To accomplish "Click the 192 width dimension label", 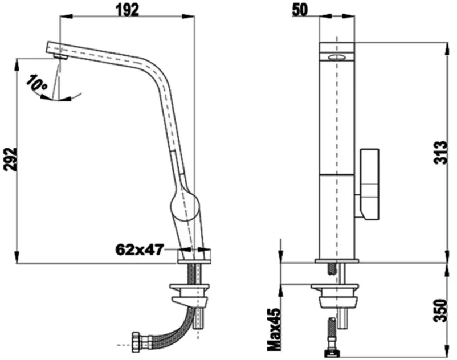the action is tap(128, 10).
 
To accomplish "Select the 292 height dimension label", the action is tap(10, 159).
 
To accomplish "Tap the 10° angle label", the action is tap(36, 83).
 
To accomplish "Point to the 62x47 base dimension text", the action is tap(138, 249).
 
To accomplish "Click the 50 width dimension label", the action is tap(300, 10).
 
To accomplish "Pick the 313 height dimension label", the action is tap(440, 153).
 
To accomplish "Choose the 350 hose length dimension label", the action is tap(440, 310).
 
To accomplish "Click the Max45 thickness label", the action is tap(274, 329).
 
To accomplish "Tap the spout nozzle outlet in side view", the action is tap(60, 56).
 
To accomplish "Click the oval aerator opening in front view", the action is tap(337, 57).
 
